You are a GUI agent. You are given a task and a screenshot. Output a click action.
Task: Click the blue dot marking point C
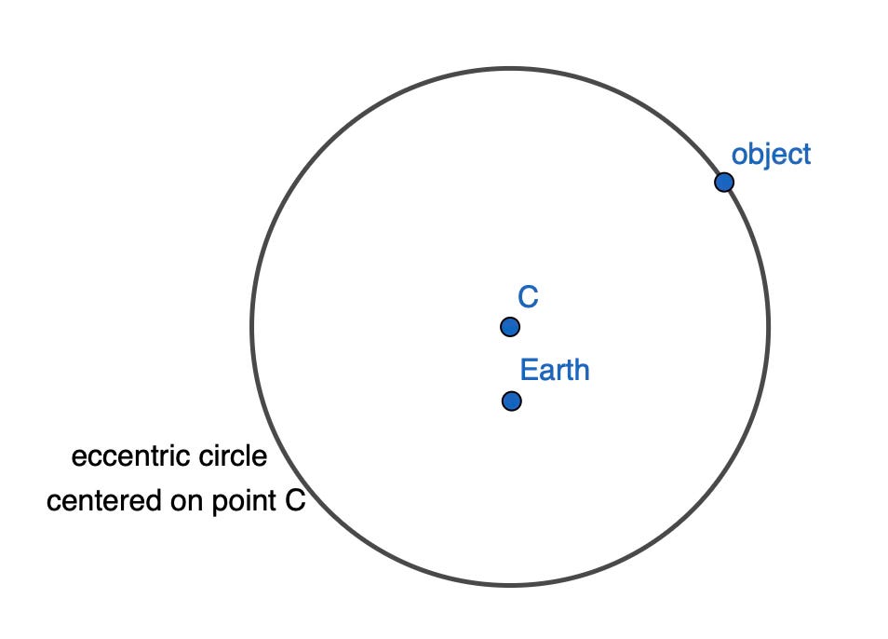point(509,327)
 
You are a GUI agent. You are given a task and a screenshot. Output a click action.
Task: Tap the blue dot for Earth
point(511,401)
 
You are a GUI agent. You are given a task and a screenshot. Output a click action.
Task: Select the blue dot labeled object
point(724,182)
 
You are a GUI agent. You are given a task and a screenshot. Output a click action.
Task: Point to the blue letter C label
point(528,298)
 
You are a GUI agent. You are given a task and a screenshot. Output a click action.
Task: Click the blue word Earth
point(555,371)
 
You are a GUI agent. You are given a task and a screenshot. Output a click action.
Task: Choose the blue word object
point(771,154)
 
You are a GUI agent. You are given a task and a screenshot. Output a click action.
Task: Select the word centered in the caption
point(101,502)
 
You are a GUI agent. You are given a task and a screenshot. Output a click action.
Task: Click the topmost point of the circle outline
point(510,68)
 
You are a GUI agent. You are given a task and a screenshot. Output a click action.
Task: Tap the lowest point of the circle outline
point(510,585)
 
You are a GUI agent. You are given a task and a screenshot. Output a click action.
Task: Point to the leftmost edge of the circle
point(252,326)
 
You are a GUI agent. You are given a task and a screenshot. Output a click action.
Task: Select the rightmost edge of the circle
point(768,326)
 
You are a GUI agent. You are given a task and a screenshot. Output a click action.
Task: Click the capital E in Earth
point(527,371)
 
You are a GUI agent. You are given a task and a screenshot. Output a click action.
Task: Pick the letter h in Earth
point(581,371)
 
